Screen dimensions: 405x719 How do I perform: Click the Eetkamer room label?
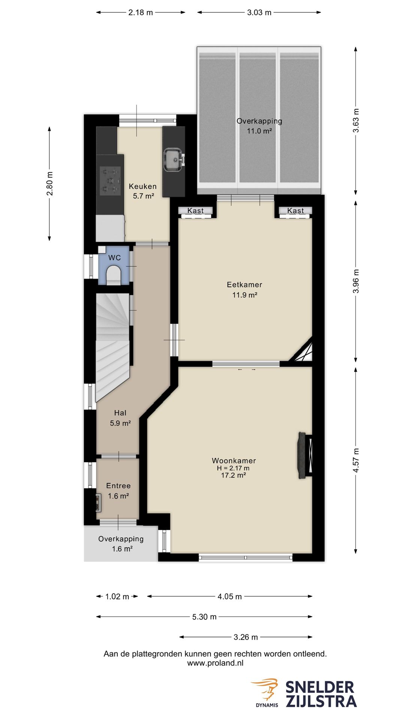click(244, 285)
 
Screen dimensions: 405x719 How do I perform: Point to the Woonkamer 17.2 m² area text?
click(234, 475)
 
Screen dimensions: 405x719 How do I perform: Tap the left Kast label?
click(195, 211)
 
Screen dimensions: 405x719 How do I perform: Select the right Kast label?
click(295, 211)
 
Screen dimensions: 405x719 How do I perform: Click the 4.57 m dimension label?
click(356, 460)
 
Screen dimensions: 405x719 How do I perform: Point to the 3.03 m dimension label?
click(259, 12)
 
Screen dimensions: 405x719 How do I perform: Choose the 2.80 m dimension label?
click(49, 183)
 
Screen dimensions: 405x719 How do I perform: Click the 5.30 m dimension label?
click(204, 617)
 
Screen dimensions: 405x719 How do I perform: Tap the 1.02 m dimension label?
click(117, 597)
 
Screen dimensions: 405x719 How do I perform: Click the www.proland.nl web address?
click(215, 663)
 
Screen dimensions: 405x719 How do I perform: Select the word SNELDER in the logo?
click(320, 688)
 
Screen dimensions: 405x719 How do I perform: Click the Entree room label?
click(118, 486)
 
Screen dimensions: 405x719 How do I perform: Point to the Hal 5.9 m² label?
click(120, 418)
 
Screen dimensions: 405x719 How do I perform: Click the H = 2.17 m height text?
click(233, 468)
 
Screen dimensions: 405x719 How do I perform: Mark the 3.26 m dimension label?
click(246, 637)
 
